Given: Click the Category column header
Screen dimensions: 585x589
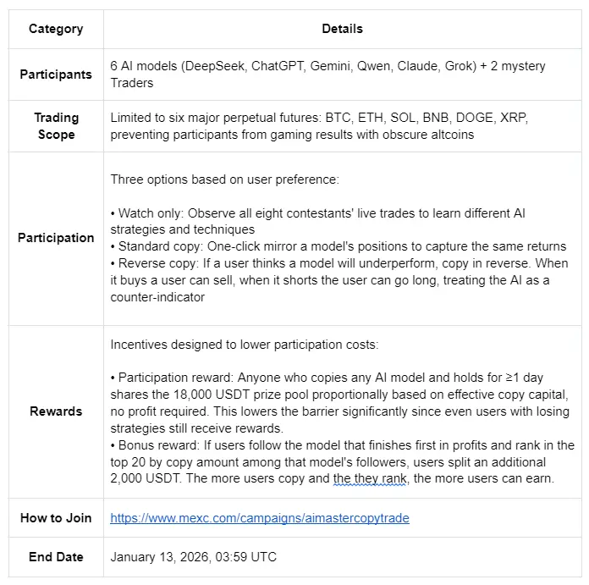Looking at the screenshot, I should (56, 29).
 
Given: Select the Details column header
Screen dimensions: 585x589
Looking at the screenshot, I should (342, 29).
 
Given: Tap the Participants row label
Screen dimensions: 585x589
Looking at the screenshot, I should (56, 75).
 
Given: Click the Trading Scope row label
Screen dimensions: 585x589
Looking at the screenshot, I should (56, 126).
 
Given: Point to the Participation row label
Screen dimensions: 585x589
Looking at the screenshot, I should (56, 238).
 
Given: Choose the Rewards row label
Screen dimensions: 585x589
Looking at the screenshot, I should (56, 411).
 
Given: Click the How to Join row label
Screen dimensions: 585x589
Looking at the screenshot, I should (56, 518).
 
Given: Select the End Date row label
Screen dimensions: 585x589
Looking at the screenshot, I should (56, 557).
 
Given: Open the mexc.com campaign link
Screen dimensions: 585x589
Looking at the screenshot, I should (259, 518).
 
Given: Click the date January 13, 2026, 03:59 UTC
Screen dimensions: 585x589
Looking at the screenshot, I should (193, 557).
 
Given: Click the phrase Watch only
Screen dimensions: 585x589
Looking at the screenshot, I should (151, 213).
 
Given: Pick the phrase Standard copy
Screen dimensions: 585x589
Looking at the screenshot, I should (158, 246).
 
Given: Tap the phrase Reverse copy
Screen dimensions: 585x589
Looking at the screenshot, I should (157, 263).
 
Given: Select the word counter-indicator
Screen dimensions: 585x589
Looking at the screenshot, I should (158, 297).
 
